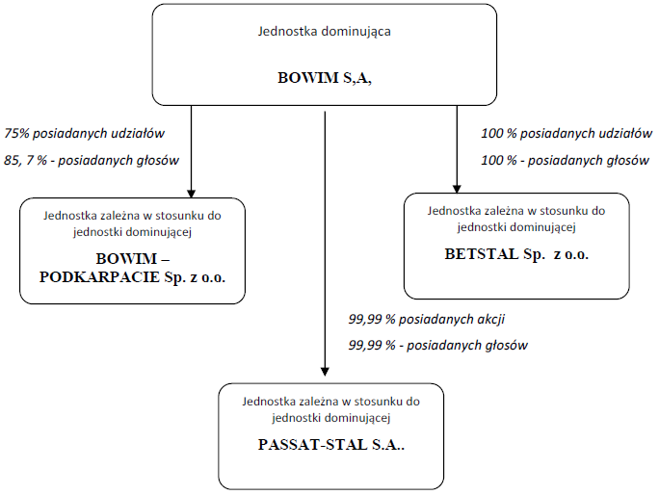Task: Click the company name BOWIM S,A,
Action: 325,78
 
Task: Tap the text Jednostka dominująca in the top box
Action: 324,32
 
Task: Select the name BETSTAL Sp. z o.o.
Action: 516,254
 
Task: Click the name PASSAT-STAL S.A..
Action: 331,445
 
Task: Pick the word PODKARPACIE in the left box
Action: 99,277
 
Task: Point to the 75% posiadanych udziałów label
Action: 85,134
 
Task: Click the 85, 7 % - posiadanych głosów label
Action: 92,160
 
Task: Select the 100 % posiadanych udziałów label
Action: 567,134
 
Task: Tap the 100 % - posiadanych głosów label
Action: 566,160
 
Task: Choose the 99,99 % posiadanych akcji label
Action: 427,320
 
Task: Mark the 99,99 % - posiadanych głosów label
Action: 438,346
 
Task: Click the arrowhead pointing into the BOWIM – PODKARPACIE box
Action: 191,194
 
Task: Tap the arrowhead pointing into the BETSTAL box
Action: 457,189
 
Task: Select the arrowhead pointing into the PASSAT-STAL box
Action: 325,372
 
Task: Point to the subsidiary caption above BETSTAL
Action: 516,219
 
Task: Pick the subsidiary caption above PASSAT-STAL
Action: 331,409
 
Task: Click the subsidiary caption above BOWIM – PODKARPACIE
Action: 132,224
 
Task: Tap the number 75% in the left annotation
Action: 16,134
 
